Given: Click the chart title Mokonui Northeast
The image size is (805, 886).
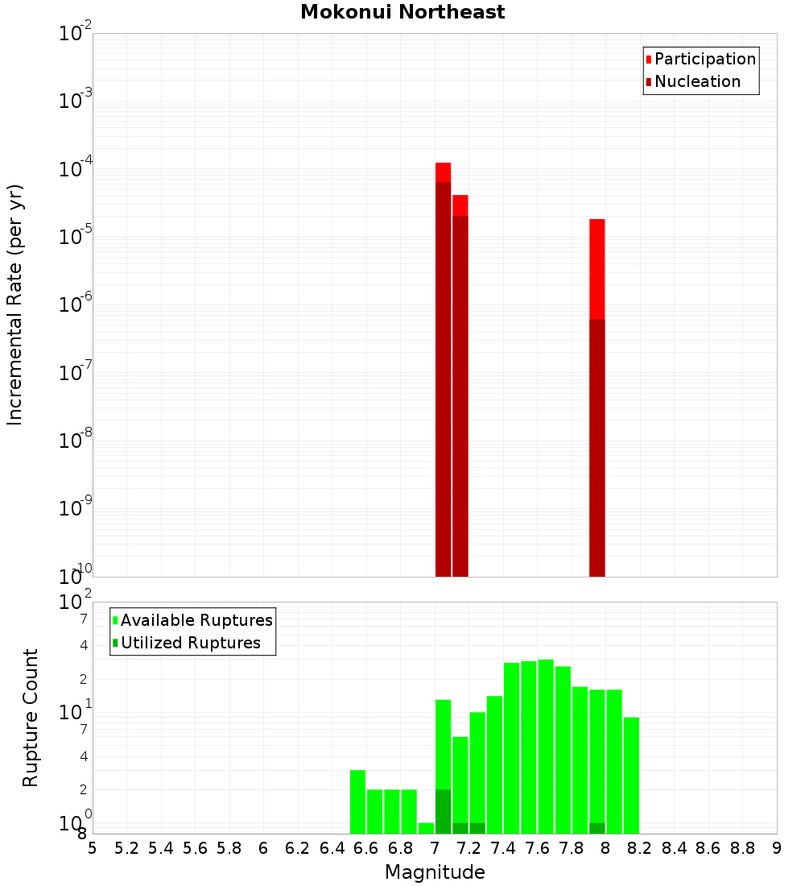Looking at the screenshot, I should point(402,12).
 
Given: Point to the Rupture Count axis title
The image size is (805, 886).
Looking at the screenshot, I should point(31,717).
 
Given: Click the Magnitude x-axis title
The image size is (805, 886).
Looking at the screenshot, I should point(435,872).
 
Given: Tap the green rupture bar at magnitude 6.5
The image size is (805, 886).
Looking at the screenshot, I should point(357,801).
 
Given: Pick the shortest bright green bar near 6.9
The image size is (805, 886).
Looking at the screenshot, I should point(426,828).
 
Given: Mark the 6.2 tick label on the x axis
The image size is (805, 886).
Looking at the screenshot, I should point(298,848).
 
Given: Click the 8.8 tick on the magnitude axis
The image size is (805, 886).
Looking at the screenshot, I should point(742,848).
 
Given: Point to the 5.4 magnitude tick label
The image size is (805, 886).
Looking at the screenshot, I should point(161,848).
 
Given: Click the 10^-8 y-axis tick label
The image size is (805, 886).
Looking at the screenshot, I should point(75,441).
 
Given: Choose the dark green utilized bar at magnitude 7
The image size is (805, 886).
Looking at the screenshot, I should point(443,811).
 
